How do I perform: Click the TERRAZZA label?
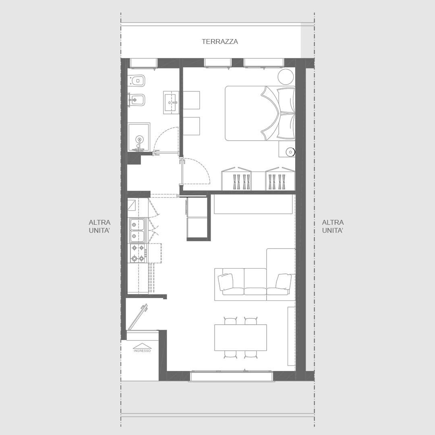pos(220,41)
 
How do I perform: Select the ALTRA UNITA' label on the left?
pos(99,226)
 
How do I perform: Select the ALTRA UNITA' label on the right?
pos(333,226)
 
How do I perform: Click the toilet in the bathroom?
pos(137,81)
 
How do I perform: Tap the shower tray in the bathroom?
pos(139,137)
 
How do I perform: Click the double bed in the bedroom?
pos(260,113)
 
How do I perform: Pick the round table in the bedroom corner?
pos(286,76)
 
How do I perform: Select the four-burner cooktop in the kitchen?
pos(138,253)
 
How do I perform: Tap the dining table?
pos(240,338)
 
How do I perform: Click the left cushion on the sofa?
pos(226,282)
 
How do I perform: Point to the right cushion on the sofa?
pos(284,281)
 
